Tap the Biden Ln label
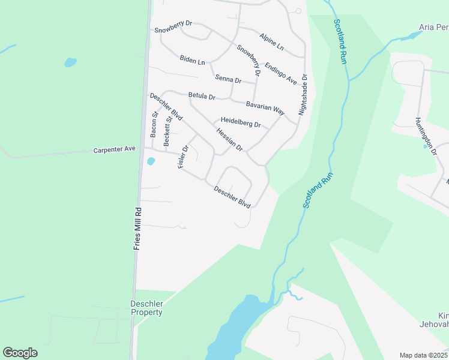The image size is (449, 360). coord(192,61)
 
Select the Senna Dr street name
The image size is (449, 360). coord(228,80)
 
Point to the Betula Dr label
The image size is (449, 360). coord(201,95)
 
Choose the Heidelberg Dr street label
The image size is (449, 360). coord(240,125)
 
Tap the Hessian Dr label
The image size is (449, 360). coord(229,140)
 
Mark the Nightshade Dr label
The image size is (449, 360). coord(304,95)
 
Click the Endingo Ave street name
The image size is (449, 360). coord(281,73)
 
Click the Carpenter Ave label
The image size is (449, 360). coord(115,149)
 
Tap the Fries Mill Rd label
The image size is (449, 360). coord(137,228)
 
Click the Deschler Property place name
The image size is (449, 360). coord(146,308)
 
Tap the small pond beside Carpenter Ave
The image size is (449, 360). coord(151,161)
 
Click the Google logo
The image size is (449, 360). coord(20,353)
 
